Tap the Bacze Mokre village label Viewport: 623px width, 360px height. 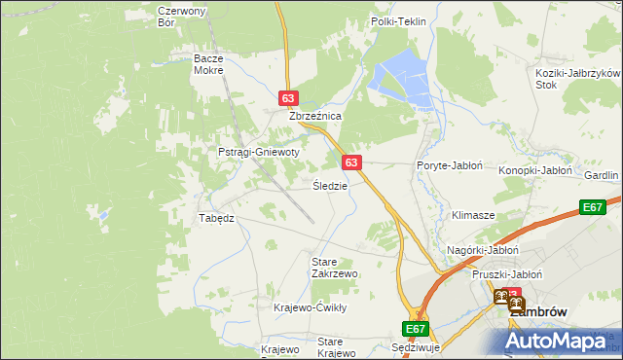(208, 64)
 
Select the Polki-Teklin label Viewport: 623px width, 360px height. (399, 20)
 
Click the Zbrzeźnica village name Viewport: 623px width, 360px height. (314, 116)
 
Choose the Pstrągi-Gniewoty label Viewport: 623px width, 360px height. (258, 153)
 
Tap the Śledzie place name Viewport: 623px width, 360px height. (329, 185)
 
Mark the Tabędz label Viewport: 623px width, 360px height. (217, 218)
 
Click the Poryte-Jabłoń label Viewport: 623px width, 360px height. (449, 165)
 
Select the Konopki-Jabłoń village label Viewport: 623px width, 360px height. (534, 169)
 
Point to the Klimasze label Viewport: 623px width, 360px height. (473, 214)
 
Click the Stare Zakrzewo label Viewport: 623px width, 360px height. (334, 268)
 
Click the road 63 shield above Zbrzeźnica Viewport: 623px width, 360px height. (287, 98)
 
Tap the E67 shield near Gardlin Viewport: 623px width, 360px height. (593, 207)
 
